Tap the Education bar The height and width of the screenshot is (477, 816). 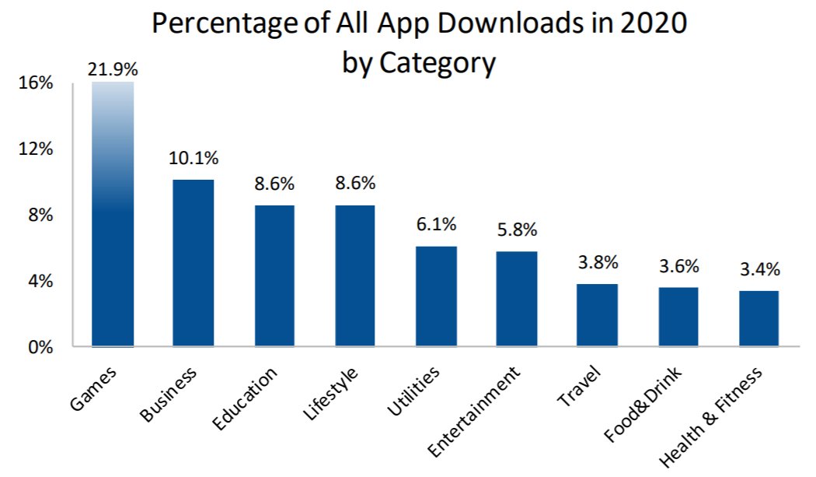tap(274, 275)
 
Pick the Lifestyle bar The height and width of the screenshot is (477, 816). tap(355, 275)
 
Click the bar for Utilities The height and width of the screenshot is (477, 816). tap(436, 296)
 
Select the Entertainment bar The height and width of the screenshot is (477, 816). tap(517, 299)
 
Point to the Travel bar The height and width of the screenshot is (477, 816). tap(598, 315)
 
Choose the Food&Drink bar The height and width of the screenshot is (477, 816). tap(678, 317)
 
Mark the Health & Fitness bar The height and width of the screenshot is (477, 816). tap(759, 318)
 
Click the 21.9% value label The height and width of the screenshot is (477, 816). tap(113, 69)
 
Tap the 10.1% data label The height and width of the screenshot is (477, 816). tap(194, 158)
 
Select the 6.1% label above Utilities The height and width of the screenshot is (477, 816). tap(436, 224)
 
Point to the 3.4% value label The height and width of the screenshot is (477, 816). tap(759, 270)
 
